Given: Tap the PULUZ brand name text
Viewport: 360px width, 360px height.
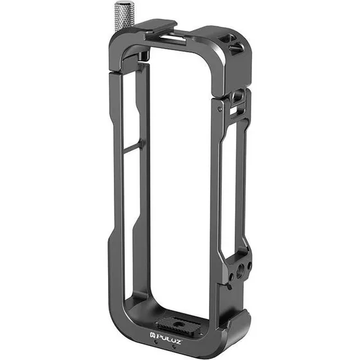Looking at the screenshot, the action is pos(169,336).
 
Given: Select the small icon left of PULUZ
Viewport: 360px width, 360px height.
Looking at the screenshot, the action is pos(153,335).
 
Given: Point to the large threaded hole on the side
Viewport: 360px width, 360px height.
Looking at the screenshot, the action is pos(242,268).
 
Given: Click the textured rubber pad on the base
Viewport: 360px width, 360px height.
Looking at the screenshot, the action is pos(177,325).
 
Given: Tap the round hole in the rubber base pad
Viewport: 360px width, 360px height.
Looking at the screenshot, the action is pos(177,324).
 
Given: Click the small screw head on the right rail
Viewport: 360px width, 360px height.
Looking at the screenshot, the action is pos(220,108).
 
